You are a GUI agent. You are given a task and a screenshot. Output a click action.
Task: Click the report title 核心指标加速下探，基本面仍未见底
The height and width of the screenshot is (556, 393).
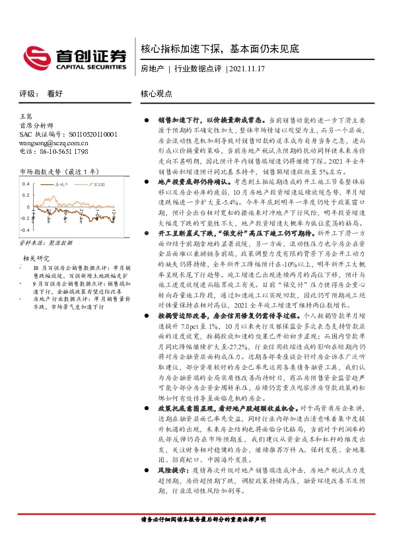220,49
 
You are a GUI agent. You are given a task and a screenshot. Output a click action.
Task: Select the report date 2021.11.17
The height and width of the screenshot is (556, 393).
247,69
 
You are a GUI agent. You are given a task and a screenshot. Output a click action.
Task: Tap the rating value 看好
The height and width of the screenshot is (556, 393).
55,94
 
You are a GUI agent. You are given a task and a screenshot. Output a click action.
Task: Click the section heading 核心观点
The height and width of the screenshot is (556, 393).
157,94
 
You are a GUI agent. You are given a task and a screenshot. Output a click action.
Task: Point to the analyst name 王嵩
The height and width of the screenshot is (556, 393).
27,116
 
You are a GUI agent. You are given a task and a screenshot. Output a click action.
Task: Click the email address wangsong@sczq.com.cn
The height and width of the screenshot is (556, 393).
54,142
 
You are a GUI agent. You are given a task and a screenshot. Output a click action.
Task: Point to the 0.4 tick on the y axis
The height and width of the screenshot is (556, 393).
27,184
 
